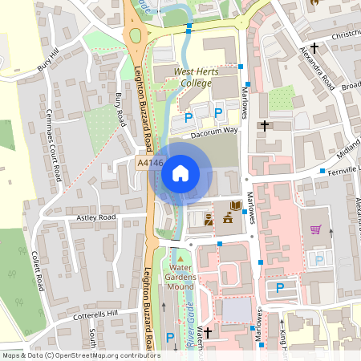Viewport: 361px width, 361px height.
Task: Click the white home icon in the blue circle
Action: [180, 172]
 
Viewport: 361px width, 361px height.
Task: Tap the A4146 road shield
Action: [150, 163]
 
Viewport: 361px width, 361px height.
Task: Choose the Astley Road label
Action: [96, 217]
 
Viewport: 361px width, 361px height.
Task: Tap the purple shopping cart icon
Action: [316, 229]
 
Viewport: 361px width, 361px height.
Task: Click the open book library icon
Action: [236, 206]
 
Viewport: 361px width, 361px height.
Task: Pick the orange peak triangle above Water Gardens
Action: [180, 254]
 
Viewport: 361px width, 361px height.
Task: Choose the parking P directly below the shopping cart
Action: [320, 259]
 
